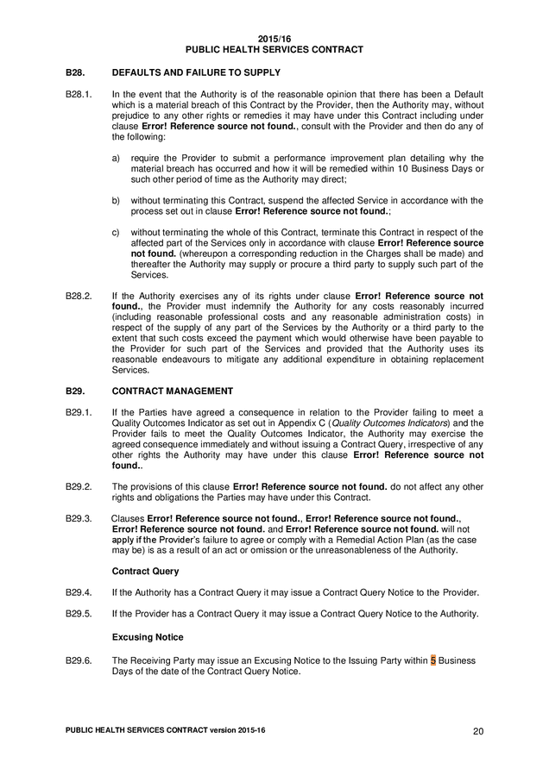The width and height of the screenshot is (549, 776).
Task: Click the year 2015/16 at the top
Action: coord(274,39)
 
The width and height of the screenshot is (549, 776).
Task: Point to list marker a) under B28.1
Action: coord(117,158)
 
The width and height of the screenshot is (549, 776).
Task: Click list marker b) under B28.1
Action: coord(117,200)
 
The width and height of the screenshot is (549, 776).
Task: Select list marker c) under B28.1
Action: coord(117,233)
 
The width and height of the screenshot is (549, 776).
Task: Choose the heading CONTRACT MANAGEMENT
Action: coord(173,391)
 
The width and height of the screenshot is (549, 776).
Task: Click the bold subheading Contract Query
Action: coord(146,571)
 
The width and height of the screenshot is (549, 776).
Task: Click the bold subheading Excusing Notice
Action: coord(148,636)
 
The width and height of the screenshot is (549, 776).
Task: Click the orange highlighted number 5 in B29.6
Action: coord(433,660)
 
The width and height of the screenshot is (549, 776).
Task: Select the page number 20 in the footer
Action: coord(477,731)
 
